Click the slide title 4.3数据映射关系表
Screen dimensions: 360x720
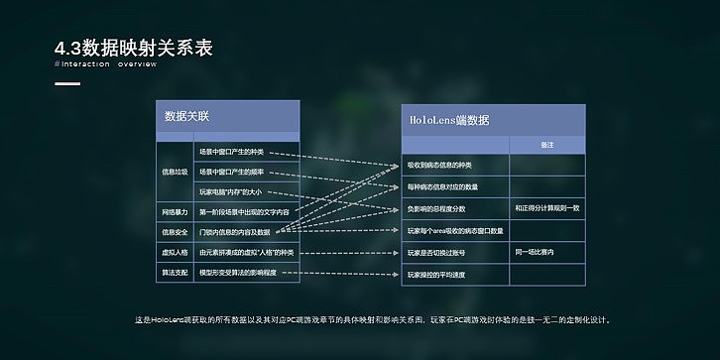[134, 48]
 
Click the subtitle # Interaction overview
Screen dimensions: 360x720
[106, 63]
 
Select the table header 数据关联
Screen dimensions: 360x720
[186, 116]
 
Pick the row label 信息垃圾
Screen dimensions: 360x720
[175, 171]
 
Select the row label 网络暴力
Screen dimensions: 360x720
[175, 211]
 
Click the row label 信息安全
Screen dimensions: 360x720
[175, 232]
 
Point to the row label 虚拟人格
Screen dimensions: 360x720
[175, 252]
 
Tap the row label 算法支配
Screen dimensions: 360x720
[175, 272]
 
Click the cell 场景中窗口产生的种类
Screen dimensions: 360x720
[232, 152]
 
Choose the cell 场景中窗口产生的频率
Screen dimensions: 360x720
[232, 172]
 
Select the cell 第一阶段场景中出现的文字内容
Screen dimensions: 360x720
[244, 211]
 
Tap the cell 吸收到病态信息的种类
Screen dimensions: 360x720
[440, 164]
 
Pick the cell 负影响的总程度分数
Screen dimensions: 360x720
[436, 208]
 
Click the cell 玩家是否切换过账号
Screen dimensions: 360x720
[436, 253]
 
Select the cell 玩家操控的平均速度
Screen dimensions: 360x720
[436, 275]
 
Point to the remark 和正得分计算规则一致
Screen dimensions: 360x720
[547, 208]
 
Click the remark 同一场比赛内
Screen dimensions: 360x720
[535, 253]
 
